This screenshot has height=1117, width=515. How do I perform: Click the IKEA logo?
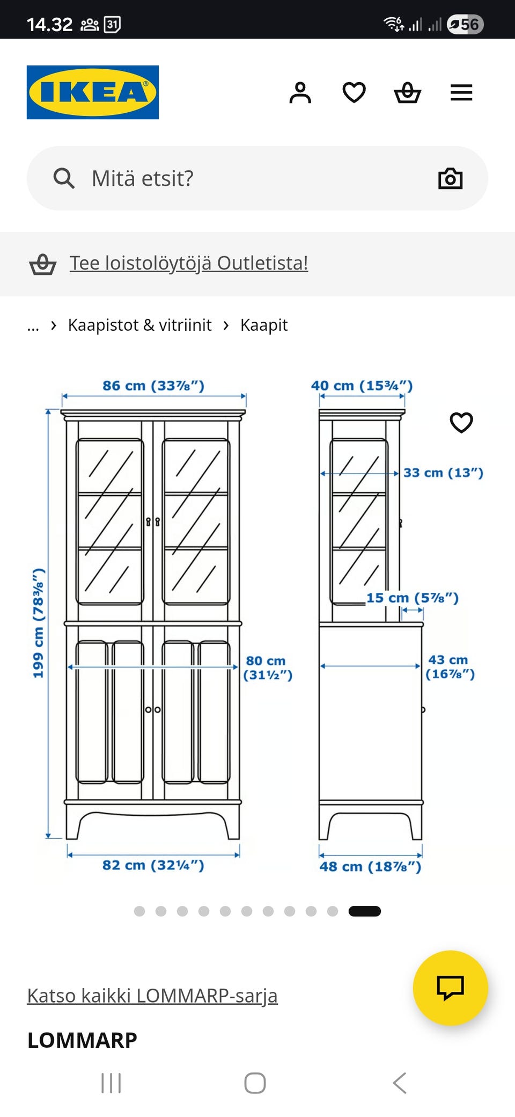[93, 92]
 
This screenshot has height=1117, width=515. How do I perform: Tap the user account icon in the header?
[300, 92]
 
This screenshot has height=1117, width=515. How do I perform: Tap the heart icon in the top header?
[354, 92]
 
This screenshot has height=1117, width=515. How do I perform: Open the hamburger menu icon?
[461, 92]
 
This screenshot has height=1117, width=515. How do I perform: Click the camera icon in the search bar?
[450, 178]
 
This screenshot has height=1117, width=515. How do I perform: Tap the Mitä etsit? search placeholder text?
[142, 178]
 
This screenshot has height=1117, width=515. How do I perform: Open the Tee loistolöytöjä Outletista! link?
[189, 263]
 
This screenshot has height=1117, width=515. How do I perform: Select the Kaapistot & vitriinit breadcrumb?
[139, 325]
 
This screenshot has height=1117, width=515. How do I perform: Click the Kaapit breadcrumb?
[263, 325]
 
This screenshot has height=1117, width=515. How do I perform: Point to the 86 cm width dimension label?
[153, 386]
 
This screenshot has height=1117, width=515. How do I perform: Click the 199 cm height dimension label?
[38, 623]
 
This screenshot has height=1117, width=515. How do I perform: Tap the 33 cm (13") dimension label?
[443, 473]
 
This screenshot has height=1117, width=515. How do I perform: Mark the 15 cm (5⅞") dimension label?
[412, 598]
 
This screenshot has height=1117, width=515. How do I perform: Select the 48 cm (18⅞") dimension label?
[370, 866]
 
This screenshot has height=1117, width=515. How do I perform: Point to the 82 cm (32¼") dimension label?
[153, 865]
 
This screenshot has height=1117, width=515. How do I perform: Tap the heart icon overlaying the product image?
[461, 423]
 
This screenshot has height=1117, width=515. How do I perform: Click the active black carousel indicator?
[364, 911]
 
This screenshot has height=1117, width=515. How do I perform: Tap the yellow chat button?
[450, 988]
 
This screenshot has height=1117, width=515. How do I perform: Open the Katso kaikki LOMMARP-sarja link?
[152, 996]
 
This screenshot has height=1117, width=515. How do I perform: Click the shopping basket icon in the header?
[407, 92]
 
